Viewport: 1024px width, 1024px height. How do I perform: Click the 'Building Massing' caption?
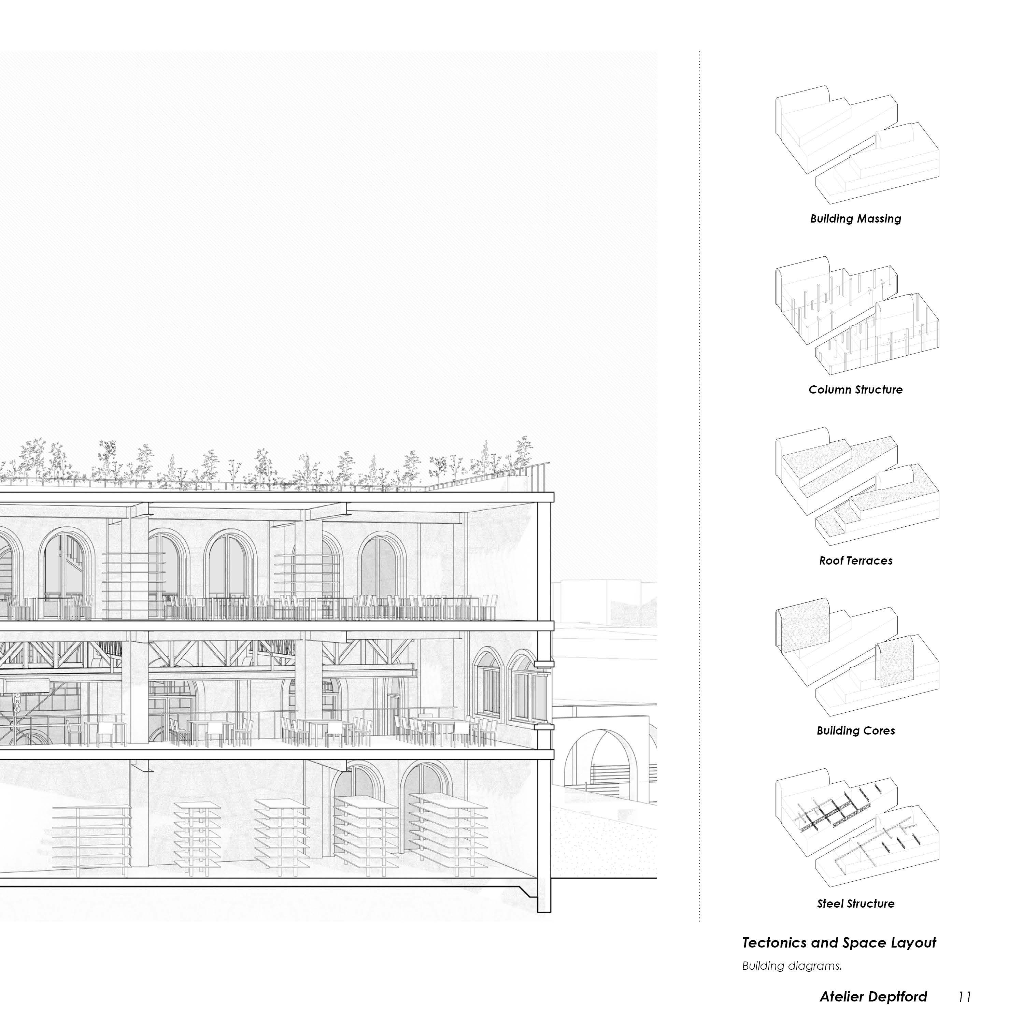[855, 219]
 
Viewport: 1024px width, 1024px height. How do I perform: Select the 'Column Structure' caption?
[855, 389]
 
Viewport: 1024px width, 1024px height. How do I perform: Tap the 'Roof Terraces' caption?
[855, 561]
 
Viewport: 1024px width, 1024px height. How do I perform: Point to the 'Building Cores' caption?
[855, 731]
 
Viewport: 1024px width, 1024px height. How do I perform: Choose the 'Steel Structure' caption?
[855, 904]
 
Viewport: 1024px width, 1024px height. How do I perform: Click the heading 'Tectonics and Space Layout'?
[839, 943]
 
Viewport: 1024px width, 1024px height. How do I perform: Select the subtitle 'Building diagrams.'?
[791, 966]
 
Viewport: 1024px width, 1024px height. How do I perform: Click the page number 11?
[964, 997]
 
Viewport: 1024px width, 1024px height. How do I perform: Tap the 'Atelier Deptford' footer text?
[873, 997]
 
